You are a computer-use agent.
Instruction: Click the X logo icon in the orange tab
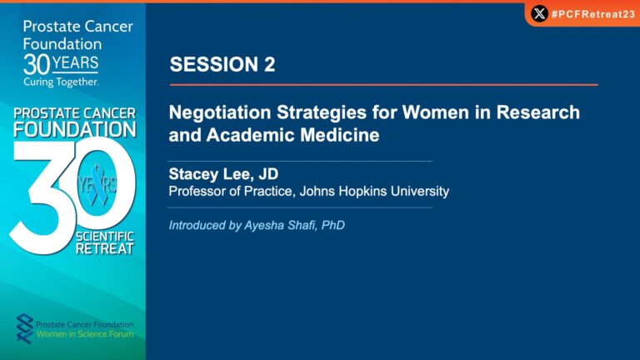click(x=539, y=14)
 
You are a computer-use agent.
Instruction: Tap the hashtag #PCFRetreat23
click(x=593, y=14)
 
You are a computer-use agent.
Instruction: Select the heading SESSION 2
click(x=222, y=64)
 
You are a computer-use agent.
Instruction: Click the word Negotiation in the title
click(x=220, y=112)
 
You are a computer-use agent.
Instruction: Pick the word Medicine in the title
click(x=340, y=135)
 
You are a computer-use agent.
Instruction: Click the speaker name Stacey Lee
click(x=211, y=174)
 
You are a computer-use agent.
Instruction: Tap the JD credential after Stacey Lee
click(x=268, y=174)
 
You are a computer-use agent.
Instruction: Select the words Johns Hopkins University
click(x=374, y=192)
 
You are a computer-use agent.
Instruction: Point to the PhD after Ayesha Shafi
click(x=333, y=225)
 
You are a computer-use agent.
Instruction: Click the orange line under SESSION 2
click(x=383, y=85)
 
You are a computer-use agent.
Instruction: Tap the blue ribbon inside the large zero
click(x=97, y=184)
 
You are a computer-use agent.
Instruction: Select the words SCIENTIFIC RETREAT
click(x=105, y=242)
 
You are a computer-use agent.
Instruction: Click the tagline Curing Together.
click(x=61, y=82)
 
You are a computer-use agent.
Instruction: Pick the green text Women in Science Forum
click(x=85, y=334)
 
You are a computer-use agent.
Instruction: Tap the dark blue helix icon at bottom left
click(x=24, y=328)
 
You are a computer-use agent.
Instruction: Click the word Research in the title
click(x=538, y=112)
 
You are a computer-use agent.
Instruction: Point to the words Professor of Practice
click(x=231, y=192)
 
